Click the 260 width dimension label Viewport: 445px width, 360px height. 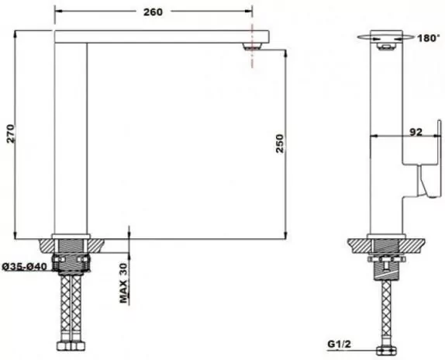153,12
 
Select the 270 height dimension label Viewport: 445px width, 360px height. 11,133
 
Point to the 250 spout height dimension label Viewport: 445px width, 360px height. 280,144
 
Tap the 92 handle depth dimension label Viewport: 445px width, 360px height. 416,132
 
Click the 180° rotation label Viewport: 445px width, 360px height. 428,38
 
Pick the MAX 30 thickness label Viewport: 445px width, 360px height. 124,282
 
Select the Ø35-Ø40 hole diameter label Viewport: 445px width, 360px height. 24,267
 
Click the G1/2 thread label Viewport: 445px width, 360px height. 340,344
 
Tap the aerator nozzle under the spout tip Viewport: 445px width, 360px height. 252,47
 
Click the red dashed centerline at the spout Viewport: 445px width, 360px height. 252,46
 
